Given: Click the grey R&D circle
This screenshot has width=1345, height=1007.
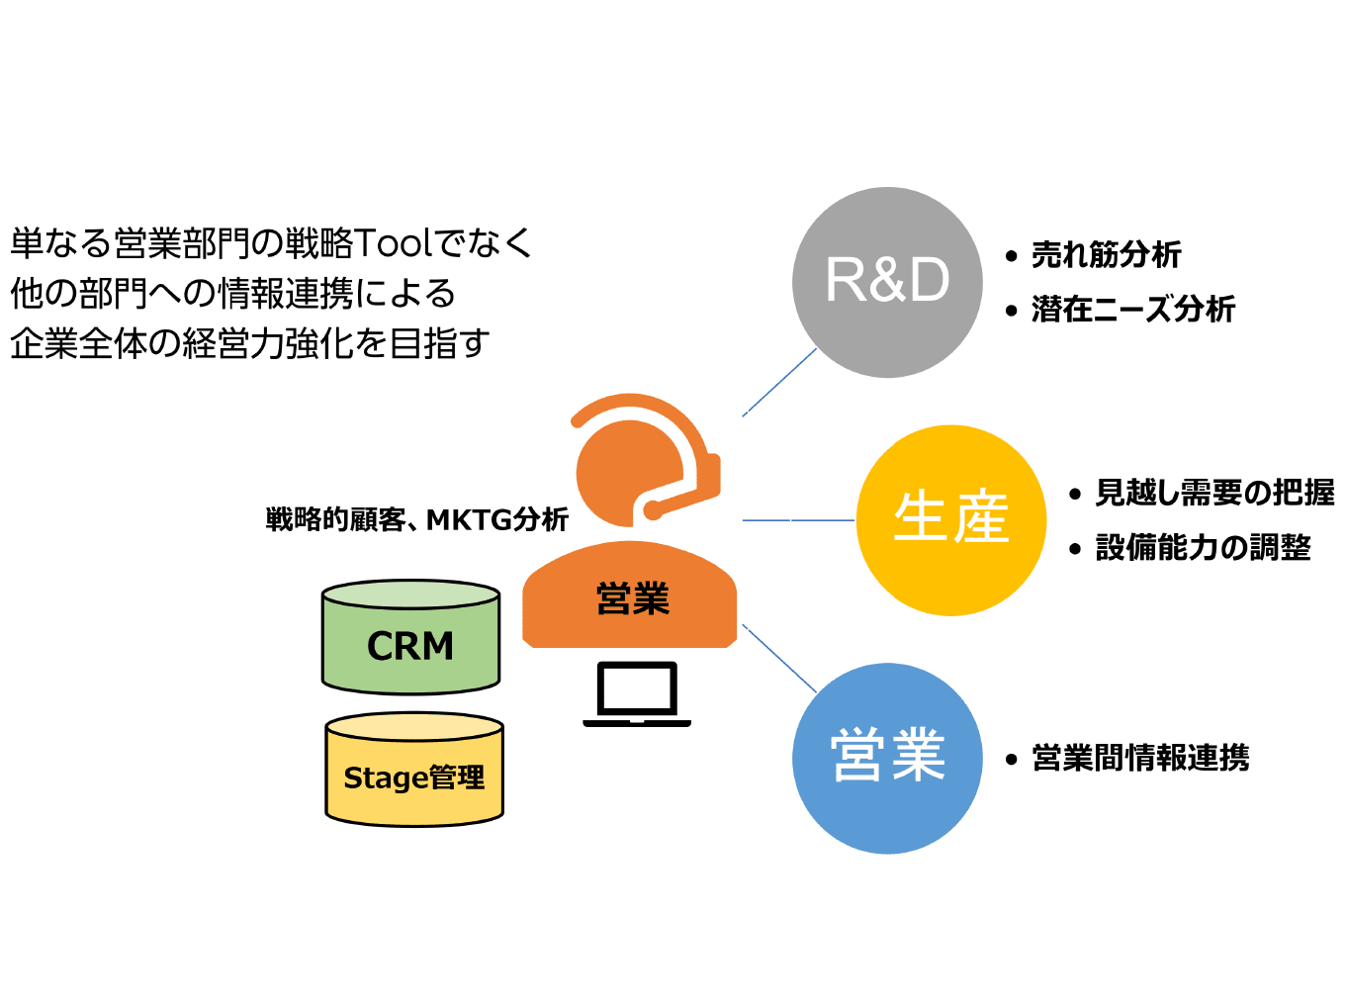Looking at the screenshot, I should pyautogui.click(x=887, y=282).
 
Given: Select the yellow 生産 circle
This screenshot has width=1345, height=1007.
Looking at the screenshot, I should pyautogui.click(x=950, y=520).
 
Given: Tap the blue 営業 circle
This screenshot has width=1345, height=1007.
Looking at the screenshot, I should pyautogui.click(x=887, y=758).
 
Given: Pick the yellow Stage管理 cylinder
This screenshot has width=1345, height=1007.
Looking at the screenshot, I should pyautogui.click(x=414, y=777).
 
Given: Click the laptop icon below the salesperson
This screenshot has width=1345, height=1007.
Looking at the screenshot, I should pyautogui.click(x=637, y=693).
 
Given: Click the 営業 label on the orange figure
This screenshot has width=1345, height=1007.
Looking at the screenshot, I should pyautogui.click(x=633, y=598).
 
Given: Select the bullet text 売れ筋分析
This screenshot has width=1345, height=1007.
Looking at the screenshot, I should pyautogui.click(x=1106, y=255).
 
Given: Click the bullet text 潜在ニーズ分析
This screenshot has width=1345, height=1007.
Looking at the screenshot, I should pyautogui.click(x=1133, y=310).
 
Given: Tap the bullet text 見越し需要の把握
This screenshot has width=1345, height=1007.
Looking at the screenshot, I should pyautogui.click(x=1214, y=493).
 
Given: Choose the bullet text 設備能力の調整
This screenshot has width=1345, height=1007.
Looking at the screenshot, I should pyautogui.click(x=1203, y=547).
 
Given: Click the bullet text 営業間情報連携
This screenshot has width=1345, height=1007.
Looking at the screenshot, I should pyautogui.click(x=1140, y=759).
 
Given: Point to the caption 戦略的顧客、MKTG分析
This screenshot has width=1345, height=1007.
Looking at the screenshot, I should pyautogui.click(x=416, y=519).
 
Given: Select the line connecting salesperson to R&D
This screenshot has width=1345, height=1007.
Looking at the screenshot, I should pyautogui.click(x=779, y=383).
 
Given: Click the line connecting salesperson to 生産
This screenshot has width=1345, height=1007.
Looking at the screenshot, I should pyautogui.click(x=798, y=519).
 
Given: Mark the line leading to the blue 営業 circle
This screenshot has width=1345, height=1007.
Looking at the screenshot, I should pyautogui.click(x=779, y=658).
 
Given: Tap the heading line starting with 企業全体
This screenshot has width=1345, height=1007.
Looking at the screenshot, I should pyautogui.click(x=249, y=343).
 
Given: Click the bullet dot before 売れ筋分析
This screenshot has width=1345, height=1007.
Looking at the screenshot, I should pyautogui.click(x=1011, y=256).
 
